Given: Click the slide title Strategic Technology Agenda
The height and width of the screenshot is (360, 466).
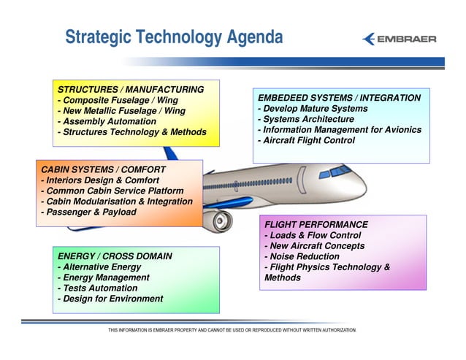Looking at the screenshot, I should coord(173,37).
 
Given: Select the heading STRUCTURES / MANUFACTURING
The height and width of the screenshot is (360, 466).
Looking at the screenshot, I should coord(130,89).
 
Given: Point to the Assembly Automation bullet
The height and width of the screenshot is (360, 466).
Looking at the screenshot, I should coord(107,121).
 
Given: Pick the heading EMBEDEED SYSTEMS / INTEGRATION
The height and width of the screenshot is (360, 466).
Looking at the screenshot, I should coord(339,98).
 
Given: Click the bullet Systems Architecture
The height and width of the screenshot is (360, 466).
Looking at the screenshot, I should coord(308,119).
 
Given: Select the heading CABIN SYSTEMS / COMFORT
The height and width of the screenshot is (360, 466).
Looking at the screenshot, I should coord(103,169).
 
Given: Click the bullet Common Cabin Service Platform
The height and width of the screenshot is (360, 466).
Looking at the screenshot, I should coord(111,191).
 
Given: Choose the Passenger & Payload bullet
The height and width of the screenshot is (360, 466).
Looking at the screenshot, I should coord(88,212).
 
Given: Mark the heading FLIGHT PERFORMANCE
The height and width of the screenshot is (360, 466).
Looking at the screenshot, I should coord(316,225).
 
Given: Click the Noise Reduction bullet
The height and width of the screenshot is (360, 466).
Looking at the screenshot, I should coord(302,256).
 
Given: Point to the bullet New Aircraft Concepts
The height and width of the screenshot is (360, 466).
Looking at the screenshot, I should coord(314,246).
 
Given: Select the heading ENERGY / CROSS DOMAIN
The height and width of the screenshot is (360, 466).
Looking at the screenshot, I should coord(115,256).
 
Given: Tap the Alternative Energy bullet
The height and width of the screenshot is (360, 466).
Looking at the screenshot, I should coord(99,267).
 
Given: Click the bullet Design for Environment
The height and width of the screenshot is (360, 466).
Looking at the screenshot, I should coord(110,299).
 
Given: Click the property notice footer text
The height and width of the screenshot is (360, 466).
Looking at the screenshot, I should coord(232,331).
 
